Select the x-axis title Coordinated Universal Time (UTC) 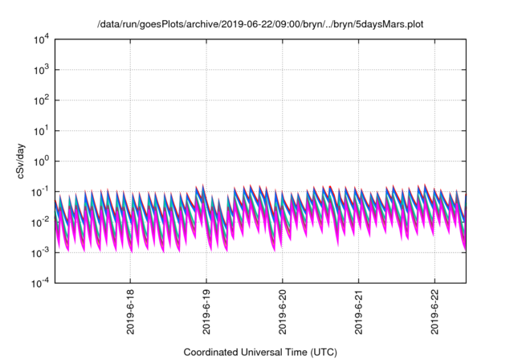click(x=259, y=352)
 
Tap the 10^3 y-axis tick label click(x=40, y=70)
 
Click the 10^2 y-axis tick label click(x=40, y=100)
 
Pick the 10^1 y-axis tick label click(x=40, y=130)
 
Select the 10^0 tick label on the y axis click(x=40, y=161)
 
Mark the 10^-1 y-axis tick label click(x=39, y=191)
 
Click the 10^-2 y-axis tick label click(x=39, y=222)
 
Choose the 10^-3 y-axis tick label click(x=39, y=252)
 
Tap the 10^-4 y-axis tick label click(x=39, y=282)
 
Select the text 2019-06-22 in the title click(x=246, y=25)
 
